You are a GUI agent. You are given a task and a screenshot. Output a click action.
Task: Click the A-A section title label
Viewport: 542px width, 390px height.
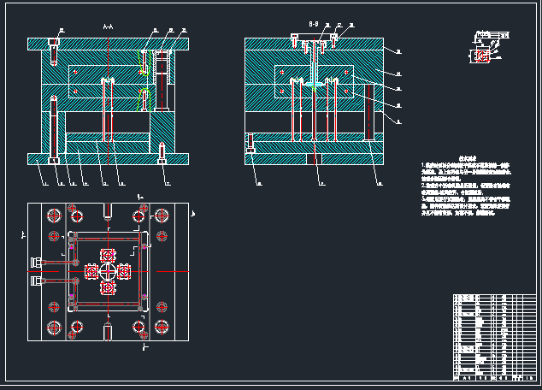coord(108,27)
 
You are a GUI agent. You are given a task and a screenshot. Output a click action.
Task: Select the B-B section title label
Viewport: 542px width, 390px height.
coord(313,24)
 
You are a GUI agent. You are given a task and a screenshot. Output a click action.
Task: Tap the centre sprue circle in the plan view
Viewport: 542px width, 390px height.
coord(108,271)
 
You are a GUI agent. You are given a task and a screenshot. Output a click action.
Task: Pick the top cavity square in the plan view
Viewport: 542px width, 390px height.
coord(108,255)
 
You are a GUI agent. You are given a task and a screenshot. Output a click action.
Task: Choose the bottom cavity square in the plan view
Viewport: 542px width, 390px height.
coord(108,288)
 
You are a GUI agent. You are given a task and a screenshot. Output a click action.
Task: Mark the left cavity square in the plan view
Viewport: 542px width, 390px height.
coord(91,271)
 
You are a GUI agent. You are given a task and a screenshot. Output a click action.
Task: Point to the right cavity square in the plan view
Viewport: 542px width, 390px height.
coord(124,271)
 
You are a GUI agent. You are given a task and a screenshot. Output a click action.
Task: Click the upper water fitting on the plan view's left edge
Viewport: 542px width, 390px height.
coord(36,262)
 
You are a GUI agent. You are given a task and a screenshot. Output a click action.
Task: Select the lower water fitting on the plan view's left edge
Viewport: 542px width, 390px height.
coord(36,280)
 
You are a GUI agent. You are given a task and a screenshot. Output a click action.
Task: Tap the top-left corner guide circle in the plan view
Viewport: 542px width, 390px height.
coord(55,215)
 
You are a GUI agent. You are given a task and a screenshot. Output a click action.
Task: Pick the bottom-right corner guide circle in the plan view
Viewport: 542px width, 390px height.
coord(161,326)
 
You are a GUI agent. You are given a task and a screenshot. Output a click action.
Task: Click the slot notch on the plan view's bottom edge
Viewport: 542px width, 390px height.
coord(108,331)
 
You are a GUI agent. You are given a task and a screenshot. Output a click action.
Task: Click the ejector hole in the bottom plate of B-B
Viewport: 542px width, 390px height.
coord(315,155)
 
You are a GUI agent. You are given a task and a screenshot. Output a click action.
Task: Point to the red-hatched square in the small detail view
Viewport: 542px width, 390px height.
coord(484,56)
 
